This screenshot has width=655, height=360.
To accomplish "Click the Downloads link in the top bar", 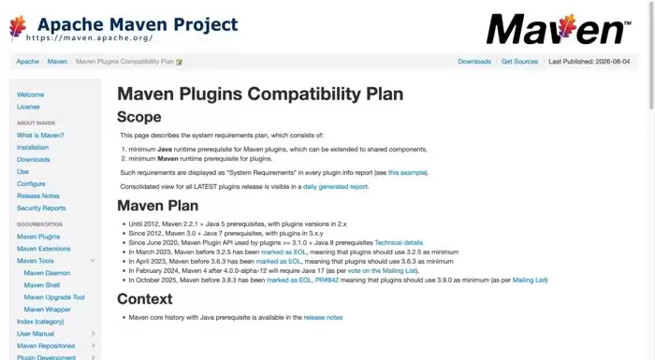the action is pyautogui.click(x=474, y=62).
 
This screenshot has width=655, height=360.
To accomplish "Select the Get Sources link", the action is pyautogui.click(x=519, y=62).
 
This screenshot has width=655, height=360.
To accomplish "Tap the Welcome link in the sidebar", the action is pyautogui.click(x=31, y=94).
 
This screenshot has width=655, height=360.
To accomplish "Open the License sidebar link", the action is pyautogui.click(x=28, y=107).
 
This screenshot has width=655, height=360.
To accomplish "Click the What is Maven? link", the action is pyautogui.click(x=40, y=136).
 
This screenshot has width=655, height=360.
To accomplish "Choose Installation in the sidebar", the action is pyautogui.click(x=33, y=148).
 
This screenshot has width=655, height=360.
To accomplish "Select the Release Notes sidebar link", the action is pyautogui.click(x=38, y=195).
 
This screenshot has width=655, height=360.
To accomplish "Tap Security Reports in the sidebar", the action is pyautogui.click(x=41, y=208).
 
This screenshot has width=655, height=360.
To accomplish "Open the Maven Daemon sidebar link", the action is pyautogui.click(x=47, y=273).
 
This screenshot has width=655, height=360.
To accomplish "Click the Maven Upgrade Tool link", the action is pyautogui.click(x=54, y=297).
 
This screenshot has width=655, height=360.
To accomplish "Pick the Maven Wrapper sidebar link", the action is pyautogui.click(x=47, y=310).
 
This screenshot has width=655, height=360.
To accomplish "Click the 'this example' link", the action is pyautogui.click(x=407, y=172).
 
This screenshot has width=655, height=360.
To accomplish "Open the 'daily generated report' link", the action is pyautogui.click(x=335, y=187).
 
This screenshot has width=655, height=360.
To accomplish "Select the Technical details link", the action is pyautogui.click(x=399, y=242).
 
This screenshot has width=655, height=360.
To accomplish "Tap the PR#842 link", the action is pyautogui.click(x=327, y=281).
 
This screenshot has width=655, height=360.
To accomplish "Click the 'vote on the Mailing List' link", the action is pyautogui.click(x=382, y=270).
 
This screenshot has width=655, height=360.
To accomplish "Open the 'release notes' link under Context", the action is pyautogui.click(x=323, y=317).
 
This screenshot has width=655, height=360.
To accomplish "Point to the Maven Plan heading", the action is pyautogui.click(x=158, y=206).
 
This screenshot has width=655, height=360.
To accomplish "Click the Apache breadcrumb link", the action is pyautogui.click(x=27, y=62).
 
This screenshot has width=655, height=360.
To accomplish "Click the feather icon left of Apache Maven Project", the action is pyautogui.click(x=18, y=27).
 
